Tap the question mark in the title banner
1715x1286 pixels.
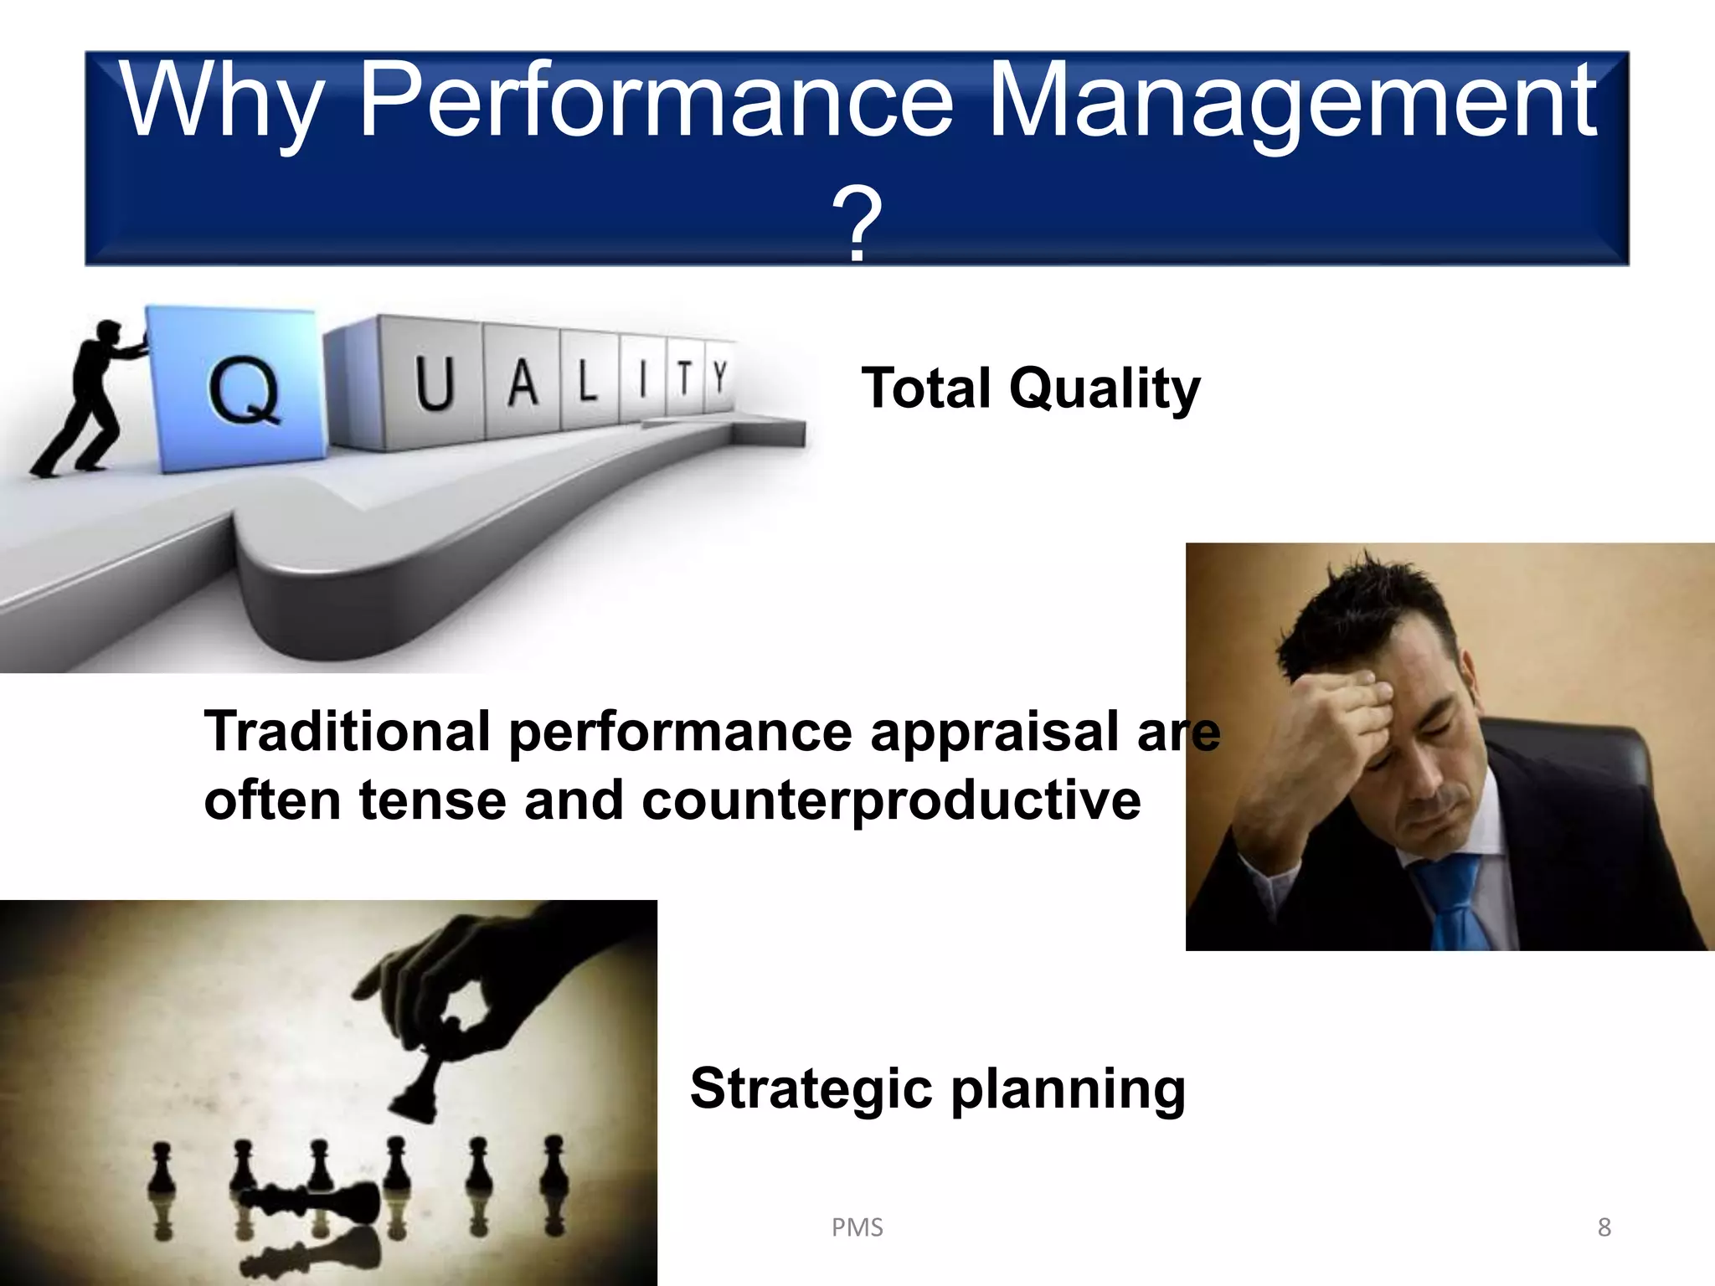point(856,224)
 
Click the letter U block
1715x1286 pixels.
point(434,383)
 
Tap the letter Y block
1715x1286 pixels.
point(719,377)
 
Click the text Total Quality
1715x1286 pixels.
point(1030,389)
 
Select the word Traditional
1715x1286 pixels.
point(347,731)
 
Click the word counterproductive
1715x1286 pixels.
point(891,800)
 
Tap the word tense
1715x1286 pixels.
point(432,800)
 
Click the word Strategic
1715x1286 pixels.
point(811,1088)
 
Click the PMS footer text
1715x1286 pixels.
point(857,1227)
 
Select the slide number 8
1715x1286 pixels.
point(1604,1227)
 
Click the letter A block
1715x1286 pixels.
point(523,382)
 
